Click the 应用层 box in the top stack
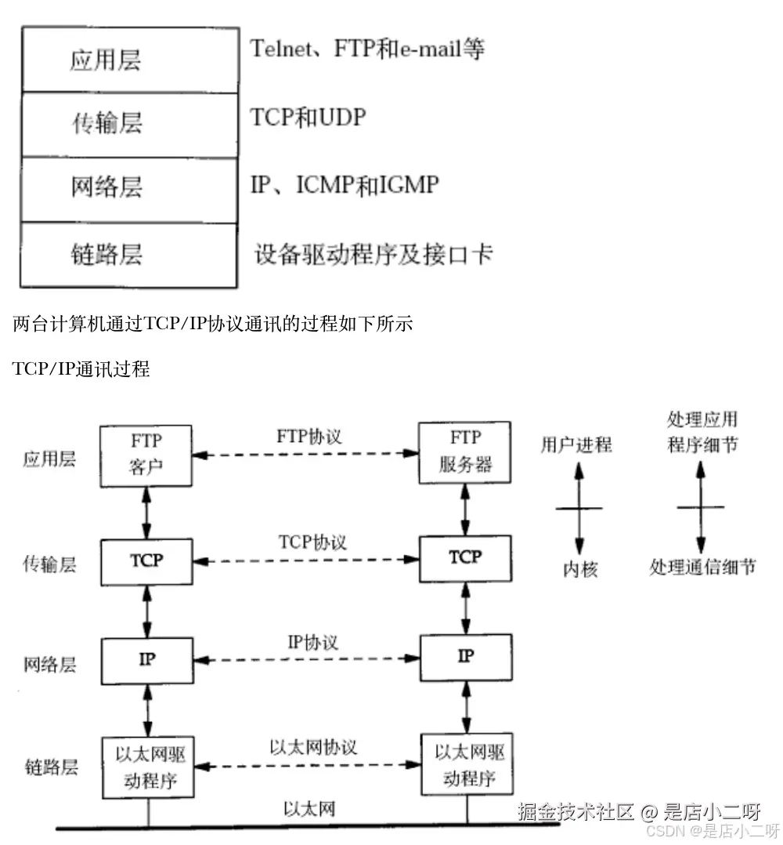tap(129, 60)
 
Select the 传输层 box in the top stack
tap(129, 125)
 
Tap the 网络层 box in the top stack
tap(129, 189)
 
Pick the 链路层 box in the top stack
tap(129, 255)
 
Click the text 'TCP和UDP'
tap(308, 118)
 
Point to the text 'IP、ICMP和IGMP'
tap(345, 185)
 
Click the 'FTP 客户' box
tap(146, 453)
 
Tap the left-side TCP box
tap(146, 560)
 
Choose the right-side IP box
tap(465, 656)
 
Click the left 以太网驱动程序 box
tap(146, 764)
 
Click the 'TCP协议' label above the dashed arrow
tap(312, 542)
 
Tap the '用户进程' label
tap(576, 444)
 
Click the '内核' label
tap(580, 569)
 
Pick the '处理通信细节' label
tap(702, 567)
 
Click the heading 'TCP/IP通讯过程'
tap(81, 369)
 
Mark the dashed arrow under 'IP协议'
tap(306, 660)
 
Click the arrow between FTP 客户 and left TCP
tap(146, 509)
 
